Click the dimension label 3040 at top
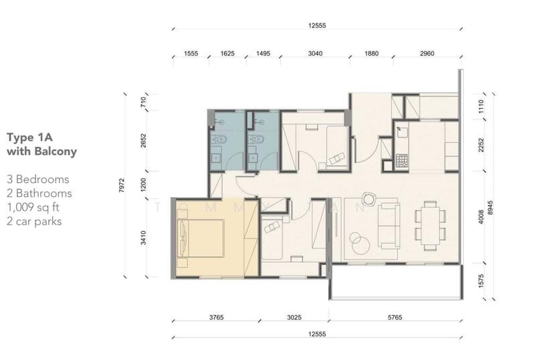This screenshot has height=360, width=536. pyautogui.click(x=315, y=54)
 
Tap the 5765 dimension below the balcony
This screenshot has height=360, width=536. pyautogui.click(x=395, y=317)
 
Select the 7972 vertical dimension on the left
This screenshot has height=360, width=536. pyautogui.click(x=122, y=185)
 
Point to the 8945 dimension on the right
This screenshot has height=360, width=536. pyautogui.click(x=491, y=208)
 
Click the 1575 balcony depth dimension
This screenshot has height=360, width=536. pyautogui.click(x=481, y=281)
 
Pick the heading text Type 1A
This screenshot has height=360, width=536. pyautogui.click(x=29, y=137)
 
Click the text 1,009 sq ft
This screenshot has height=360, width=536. pyautogui.click(x=33, y=207)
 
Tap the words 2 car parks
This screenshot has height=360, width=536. pyautogui.click(x=34, y=221)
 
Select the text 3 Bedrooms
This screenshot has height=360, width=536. pyautogui.click(x=38, y=179)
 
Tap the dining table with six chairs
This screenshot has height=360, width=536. pyautogui.click(x=430, y=226)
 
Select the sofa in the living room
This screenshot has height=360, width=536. pyautogui.click(x=389, y=226)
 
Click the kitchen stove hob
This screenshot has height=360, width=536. pyautogui.click(x=402, y=161)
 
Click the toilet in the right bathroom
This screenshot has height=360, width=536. pyautogui.click(x=256, y=139)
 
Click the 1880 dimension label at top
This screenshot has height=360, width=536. pyautogui.click(x=372, y=54)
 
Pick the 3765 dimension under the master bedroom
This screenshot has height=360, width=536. pyautogui.click(x=216, y=317)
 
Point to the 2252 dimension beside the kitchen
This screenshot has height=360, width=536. pyautogui.click(x=481, y=145)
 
